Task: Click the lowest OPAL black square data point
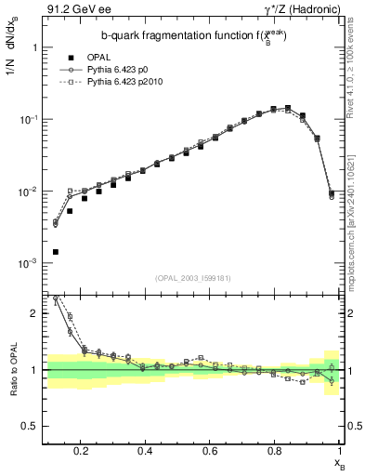pyautogui.click(x=56, y=252)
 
